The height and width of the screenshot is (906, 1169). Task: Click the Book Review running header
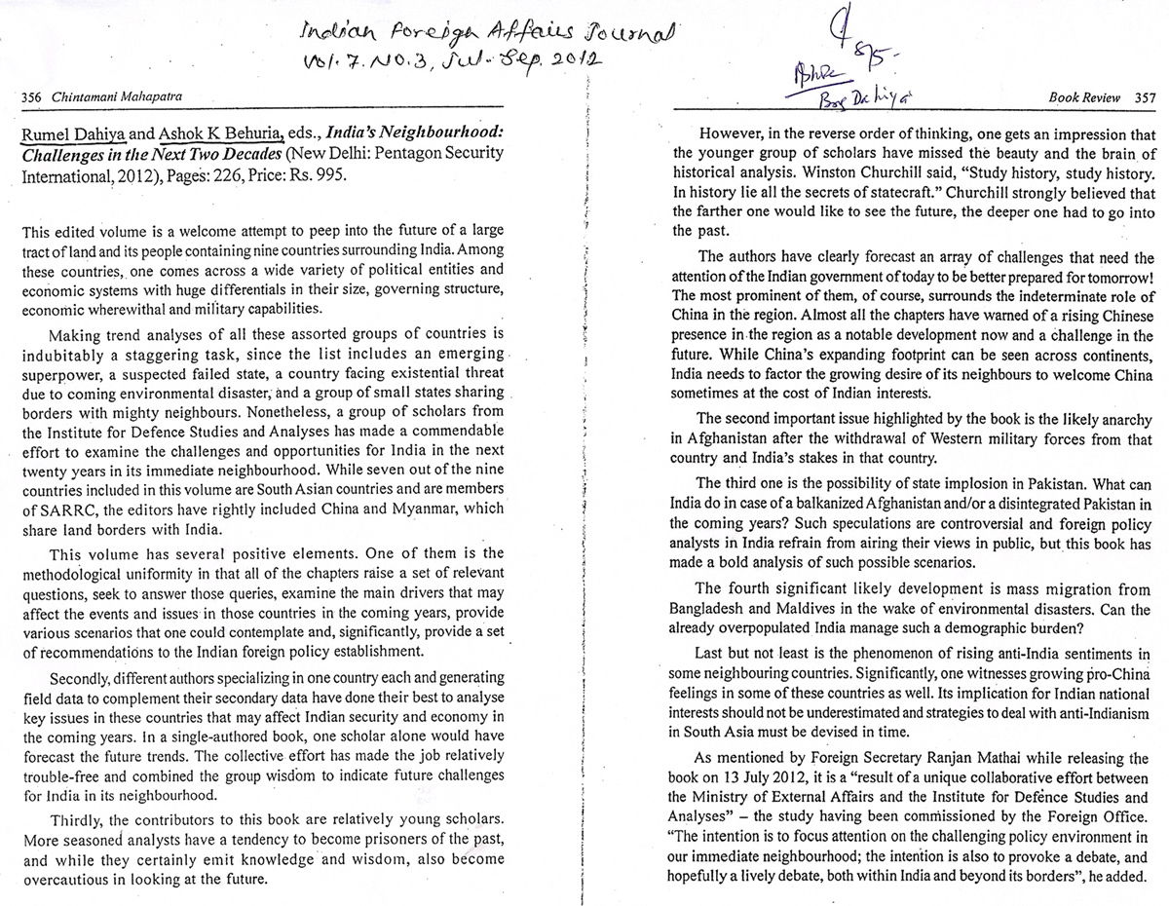tap(1084, 97)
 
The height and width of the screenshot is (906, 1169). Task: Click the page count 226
tap(231, 176)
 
